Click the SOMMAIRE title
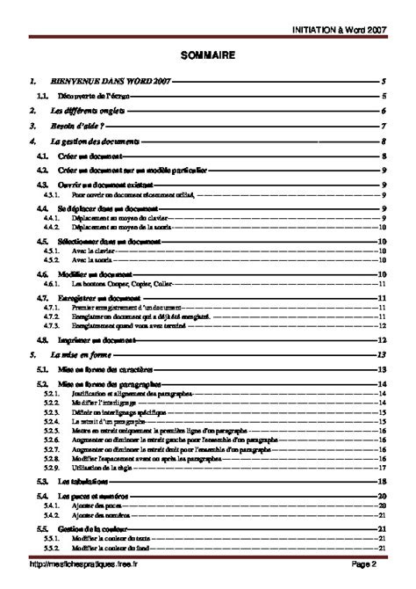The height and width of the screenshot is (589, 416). coord(207,55)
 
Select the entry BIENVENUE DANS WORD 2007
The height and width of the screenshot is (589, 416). coord(111,81)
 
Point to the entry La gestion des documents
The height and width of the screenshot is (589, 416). coord(96,141)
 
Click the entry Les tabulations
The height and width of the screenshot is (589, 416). coord(82,483)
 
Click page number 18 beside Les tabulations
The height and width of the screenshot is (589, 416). coord(383,483)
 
